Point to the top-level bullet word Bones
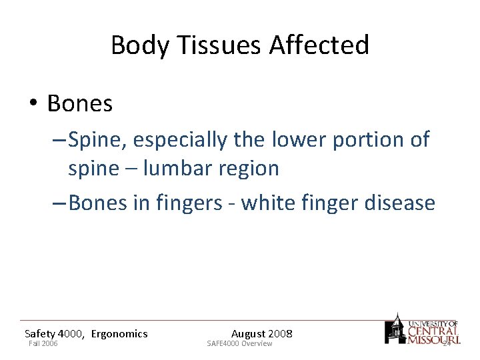80,103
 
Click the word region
248,169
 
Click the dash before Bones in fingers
58,203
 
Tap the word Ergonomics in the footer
119,334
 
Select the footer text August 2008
261,334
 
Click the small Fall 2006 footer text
43,343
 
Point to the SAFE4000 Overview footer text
239,343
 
